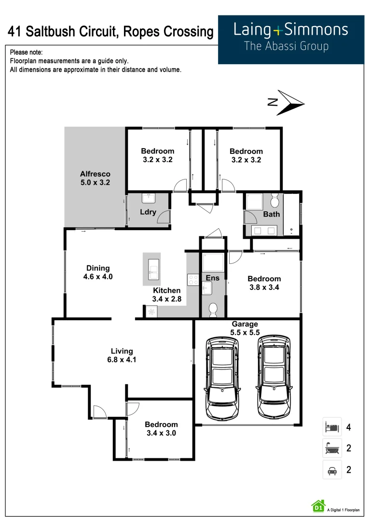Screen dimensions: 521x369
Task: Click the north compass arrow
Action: (x=290, y=103)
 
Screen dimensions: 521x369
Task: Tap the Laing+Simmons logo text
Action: (x=290, y=30)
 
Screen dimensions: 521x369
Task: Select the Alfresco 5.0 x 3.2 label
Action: (x=95, y=178)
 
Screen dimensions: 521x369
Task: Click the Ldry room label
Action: (x=148, y=212)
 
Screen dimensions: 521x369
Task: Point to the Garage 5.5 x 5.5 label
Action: (x=245, y=328)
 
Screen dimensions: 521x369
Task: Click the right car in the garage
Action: (x=274, y=377)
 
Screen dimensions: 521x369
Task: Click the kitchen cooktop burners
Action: (x=193, y=280)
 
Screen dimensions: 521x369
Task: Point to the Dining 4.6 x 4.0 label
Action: (x=98, y=273)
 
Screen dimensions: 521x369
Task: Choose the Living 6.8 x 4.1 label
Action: (x=122, y=356)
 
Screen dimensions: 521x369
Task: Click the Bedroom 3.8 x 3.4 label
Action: (x=264, y=283)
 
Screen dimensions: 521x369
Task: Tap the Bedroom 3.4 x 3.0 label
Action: (x=161, y=429)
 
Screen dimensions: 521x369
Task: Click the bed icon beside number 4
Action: (x=332, y=427)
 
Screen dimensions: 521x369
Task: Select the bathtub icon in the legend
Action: (x=332, y=448)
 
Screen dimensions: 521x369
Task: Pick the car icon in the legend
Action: (x=332, y=469)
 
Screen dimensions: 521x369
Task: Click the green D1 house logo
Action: (x=318, y=506)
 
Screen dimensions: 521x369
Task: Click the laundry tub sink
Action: (x=148, y=198)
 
